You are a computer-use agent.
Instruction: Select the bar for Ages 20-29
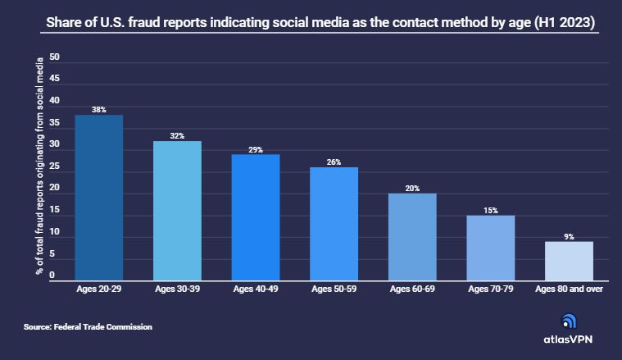pos(99,198)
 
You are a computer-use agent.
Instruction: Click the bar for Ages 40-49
pos(256,217)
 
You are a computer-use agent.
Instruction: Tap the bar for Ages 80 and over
pos(569,261)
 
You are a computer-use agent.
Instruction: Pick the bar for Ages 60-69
pos(412,237)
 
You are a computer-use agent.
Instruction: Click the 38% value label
pos(99,110)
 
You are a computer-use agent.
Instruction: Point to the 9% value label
pos(569,236)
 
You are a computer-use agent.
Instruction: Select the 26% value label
pos(334,162)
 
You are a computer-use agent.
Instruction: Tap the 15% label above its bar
pos(491,211)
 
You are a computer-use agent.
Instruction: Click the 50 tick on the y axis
pos(54,57)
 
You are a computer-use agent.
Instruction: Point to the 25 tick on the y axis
pos(54,166)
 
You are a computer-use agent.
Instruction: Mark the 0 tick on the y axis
pos(52,275)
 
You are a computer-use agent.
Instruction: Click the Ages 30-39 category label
pos(177,289)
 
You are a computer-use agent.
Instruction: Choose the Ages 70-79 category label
pos(491,289)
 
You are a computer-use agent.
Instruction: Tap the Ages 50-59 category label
pos(334,289)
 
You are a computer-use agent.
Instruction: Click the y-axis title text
pos(39,166)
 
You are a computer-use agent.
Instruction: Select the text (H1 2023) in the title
pos(565,22)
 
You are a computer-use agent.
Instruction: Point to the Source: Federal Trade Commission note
pos(88,326)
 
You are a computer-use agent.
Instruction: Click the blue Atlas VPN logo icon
pos(569,321)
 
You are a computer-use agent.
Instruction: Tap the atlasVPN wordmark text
pos(568,339)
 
